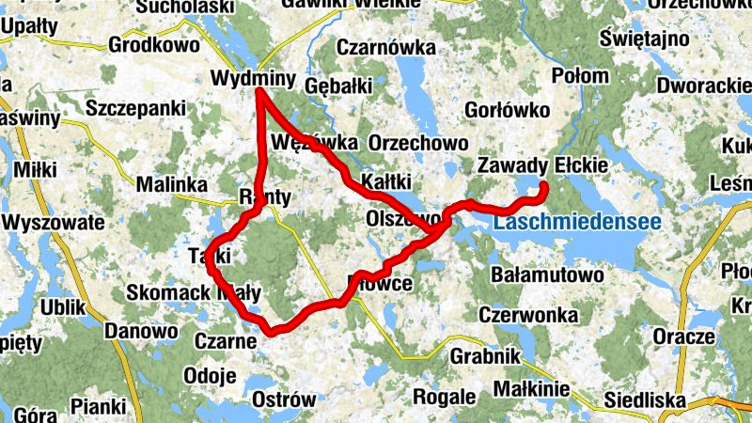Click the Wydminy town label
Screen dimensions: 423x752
click(x=254, y=77)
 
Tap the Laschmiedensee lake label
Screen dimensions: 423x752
click(x=577, y=224)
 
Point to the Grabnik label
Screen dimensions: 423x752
click(x=485, y=357)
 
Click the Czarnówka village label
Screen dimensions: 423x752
click(x=386, y=47)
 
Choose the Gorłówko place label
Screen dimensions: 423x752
click(x=507, y=111)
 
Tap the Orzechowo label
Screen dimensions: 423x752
click(x=419, y=142)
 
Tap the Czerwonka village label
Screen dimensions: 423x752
click(x=526, y=314)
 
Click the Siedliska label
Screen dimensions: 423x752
click(x=645, y=399)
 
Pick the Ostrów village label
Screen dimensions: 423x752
click(x=285, y=399)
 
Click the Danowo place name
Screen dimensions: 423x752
click(x=141, y=331)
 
